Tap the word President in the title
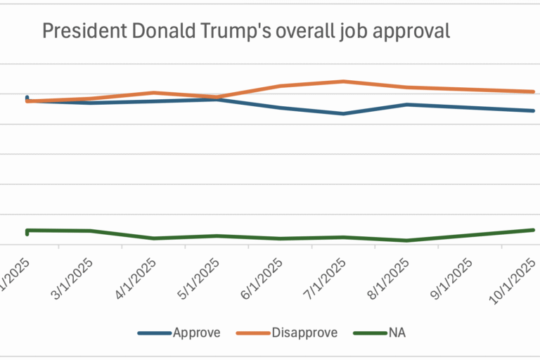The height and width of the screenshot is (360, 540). (x=82, y=32)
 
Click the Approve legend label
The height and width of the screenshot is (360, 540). (x=197, y=333)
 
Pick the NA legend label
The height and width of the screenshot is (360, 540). (x=397, y=333)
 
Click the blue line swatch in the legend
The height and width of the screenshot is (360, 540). (x=155, y=333)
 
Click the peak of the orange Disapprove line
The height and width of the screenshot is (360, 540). (x=342, y=82)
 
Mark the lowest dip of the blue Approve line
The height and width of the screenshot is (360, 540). (x=342, y=113)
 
